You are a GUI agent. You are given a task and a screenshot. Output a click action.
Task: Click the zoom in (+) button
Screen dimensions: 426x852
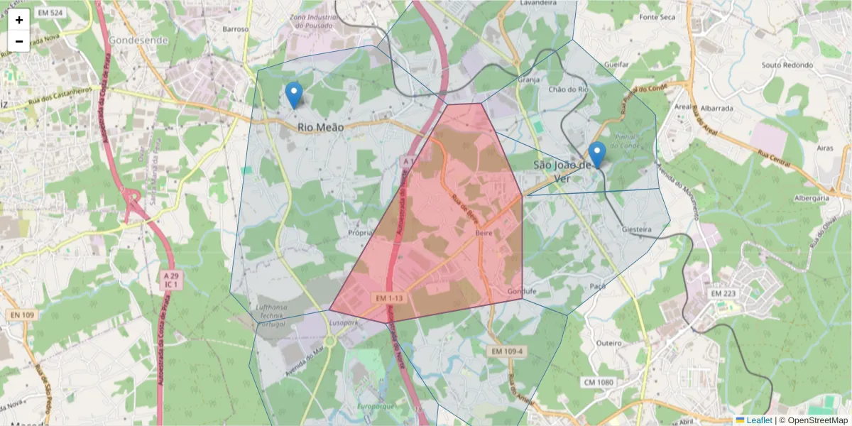(x=18, y=20)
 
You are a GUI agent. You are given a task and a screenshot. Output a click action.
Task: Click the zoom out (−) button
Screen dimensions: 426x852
(x=18, y=41)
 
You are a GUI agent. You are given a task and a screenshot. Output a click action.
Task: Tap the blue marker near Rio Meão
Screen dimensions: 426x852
(x=293, y=94)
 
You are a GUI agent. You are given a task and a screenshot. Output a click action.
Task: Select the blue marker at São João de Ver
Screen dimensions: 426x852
(x=597, y=154)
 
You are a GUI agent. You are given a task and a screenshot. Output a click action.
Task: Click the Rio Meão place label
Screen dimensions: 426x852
(x=320, y=127)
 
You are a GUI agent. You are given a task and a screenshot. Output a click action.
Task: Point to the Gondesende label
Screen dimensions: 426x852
(x=138, y=40)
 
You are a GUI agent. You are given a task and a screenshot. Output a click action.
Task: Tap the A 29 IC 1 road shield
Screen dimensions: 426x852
(x=170, y=279)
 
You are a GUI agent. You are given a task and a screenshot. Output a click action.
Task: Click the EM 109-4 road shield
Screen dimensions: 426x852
(x=506, y=351)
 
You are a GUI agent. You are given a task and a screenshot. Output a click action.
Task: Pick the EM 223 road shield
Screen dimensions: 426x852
(x=725, y=293)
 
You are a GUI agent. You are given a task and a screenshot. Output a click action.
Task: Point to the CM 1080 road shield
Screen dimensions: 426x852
(x=599, y=383)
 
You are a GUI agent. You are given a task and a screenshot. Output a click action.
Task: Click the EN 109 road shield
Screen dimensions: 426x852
(x=23, y=315)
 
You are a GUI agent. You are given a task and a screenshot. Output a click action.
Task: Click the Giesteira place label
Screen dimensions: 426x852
(x=636, y=230)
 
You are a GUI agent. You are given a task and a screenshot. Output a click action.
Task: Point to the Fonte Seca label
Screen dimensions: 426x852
(x=657, y=36)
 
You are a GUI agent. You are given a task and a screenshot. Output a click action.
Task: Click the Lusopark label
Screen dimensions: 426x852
(x=345, y=322)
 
